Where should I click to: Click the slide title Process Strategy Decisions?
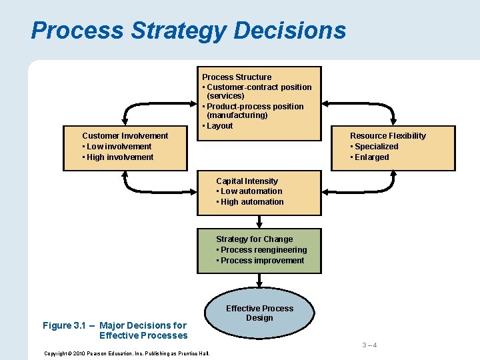click(x=189, y=31)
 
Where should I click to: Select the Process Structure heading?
click(x=237, y=77)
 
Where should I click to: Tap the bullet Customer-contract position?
click(x=259, y=87)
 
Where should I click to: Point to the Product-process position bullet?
click(x=255, y=107)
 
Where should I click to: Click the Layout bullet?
click(x=219, y=126)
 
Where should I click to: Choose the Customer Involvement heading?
click(x=125, y=136)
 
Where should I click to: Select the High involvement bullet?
click(x=119, y=157)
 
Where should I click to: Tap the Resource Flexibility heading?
click(x=387, y=136)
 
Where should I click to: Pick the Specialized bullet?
click(x=375, y=147)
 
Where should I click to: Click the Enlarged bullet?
click(x=371, y=157)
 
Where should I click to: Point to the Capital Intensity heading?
click(x=247, y=181)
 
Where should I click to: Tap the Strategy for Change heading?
click(x=254, y=239)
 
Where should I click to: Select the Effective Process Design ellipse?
click(x=259, y=313)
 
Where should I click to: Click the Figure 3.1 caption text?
click(x=115, y=330)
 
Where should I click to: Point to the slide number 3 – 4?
click(x=369, y=345)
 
